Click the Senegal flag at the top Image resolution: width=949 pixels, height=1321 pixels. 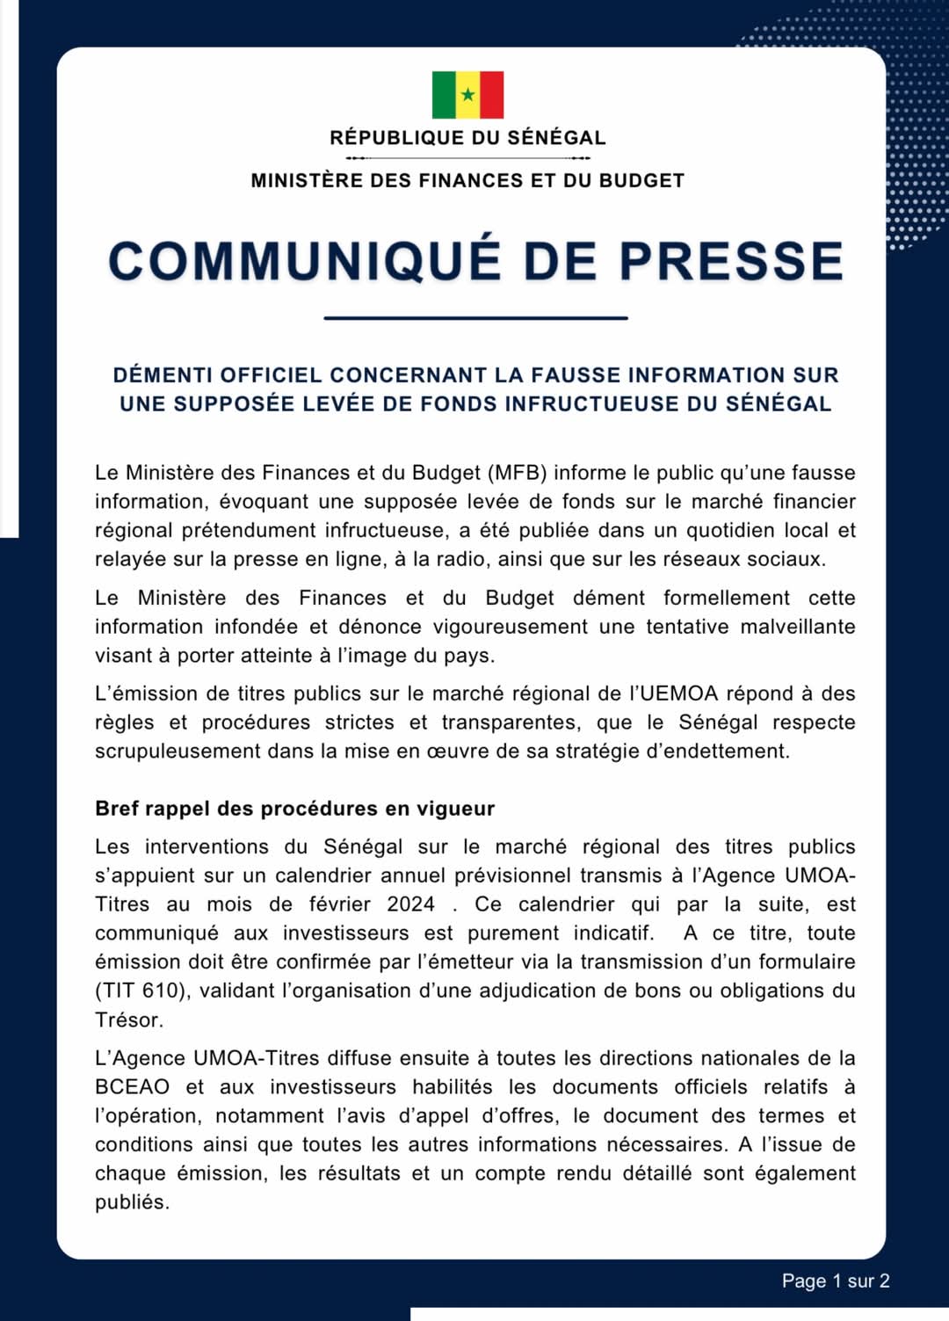pyautogui.click(x=467, y=95)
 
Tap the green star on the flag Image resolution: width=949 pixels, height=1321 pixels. pyautogui.click(x=468, y=95)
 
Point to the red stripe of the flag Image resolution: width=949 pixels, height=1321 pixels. pyautogui.click(x=492, y=95)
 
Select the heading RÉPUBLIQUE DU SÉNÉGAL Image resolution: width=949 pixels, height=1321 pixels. pyautogui.click(x=467, y=138)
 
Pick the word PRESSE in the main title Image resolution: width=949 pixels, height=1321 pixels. pyautogui.click(x=731, y=262)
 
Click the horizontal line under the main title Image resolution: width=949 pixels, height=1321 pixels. pyautogui.click(x=475, y=317)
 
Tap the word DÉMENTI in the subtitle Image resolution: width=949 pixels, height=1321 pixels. pyautogui.click(x=163, y=375)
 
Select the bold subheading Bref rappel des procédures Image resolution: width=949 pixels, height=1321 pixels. pyautogui.click(x=294, y=809)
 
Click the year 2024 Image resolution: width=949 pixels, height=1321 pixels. pyautogui.click(x=410, y=904)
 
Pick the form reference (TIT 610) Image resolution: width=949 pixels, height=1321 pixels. pyautogui.click(x=141, y=991)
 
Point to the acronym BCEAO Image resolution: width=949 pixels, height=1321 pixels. pyautogui.click(x=132, y=1087)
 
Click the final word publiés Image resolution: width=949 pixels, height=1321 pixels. pyautogui.click(x=132, y=1202)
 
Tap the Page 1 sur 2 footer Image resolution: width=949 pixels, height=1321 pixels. pyautogui.click(x=835, y=1281)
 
